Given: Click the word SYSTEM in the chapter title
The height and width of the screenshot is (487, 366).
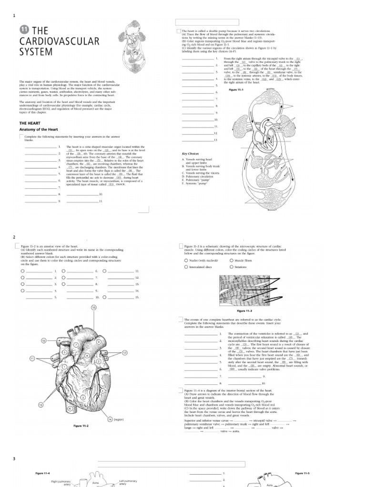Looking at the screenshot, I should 36,52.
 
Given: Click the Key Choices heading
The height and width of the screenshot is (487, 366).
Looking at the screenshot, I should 191,154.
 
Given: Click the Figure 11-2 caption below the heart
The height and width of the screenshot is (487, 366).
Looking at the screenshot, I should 81,426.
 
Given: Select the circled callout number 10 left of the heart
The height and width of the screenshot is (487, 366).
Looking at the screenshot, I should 43,341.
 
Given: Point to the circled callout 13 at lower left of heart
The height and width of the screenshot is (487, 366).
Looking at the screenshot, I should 41,404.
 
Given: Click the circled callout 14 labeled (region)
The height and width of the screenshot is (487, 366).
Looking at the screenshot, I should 110,419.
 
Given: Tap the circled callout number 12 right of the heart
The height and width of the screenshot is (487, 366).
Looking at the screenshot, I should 124,352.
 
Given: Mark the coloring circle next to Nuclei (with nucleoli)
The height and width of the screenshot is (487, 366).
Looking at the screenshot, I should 186,261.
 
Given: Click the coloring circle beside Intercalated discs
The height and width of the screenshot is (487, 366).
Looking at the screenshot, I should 186,267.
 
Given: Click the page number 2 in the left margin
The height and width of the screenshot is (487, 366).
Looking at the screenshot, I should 14,237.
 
